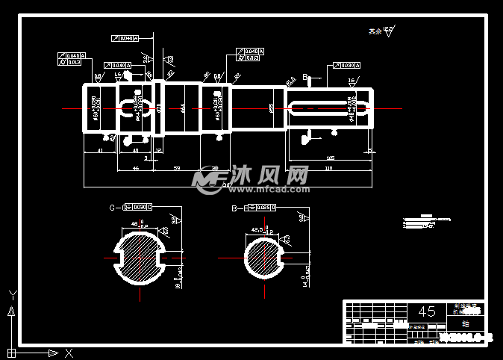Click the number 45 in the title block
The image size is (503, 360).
click(427, 311)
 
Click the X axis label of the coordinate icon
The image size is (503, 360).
click(69, 352)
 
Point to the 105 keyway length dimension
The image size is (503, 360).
click(330, 158)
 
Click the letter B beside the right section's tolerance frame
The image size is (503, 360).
click(234, 207)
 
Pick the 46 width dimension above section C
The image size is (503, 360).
click(134, 223)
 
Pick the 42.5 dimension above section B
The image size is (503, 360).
click(258, 229)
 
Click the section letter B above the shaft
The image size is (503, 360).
click(305, 77)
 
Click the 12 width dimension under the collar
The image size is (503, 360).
click(157, 151)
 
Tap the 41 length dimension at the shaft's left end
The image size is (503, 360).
click(100, 151)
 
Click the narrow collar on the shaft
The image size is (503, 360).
click(158, 109)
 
